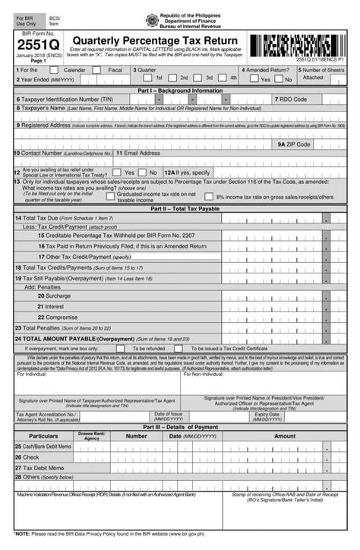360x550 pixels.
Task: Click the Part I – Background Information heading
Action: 180,90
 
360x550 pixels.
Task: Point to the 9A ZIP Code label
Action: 294,144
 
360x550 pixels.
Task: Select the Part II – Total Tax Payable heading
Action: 180,207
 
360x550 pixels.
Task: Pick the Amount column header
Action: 285,437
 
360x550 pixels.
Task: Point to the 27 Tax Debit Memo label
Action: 41,467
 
